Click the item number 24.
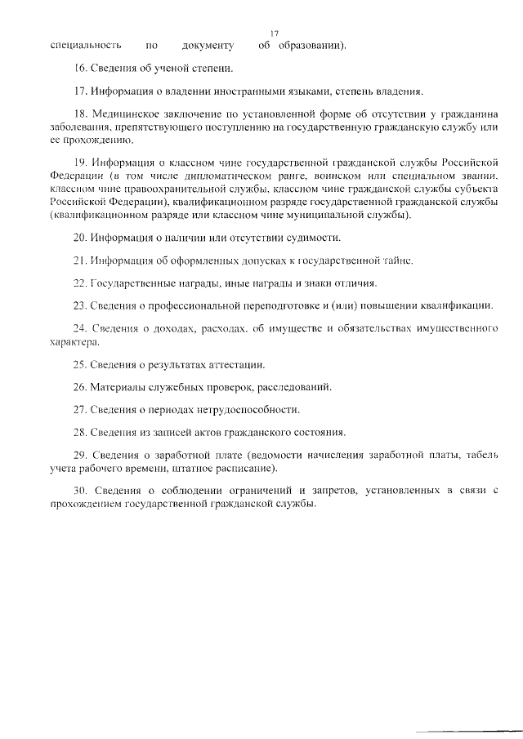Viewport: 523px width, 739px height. click(x=79, y=328)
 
